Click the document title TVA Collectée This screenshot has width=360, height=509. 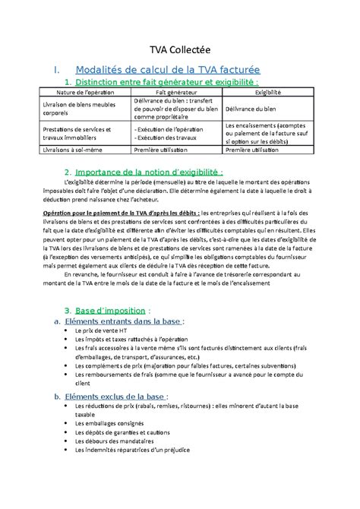(x=179, y=45)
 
